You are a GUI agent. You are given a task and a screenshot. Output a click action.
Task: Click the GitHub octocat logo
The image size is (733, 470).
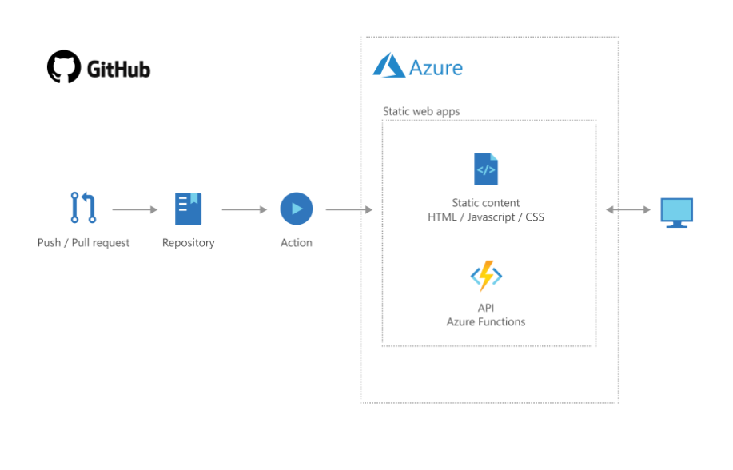pyautogui.click(x=64, y=67)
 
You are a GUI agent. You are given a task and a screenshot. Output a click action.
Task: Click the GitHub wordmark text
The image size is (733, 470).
pyautogui.click(x=118, y=70)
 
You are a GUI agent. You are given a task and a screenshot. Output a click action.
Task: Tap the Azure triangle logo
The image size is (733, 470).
pyautogui.click(x=389, y=66)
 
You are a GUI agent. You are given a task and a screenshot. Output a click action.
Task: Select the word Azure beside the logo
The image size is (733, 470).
pyautogui.click(x=436, y=67)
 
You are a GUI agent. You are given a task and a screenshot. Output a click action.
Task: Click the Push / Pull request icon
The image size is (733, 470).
pyautogui.click(x=83, y=209)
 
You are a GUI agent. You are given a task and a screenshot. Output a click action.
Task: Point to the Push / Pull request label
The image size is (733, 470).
pyautogui.click(x=83, y=243)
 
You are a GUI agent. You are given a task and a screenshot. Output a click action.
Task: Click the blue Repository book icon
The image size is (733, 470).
pyautogui.click(x=189, y=209)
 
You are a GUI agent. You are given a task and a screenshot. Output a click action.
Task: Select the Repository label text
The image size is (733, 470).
pyautogui.click(x=189, y=243)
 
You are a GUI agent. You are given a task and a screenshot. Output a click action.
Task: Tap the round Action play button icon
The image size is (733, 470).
pyautogui.click(x=297, y=209)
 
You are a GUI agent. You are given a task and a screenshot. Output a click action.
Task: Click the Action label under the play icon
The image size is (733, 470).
pyautogui.click(x=297, y=243)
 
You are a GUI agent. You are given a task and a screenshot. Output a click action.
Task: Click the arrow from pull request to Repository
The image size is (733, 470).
pyautogui.click(x=135, y=210)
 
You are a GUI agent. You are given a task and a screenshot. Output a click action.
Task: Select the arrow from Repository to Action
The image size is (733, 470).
pyautogui.click(x=244, y=210)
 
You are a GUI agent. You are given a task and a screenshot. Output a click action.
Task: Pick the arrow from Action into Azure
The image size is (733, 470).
pyautogui.click(x=349, y=210)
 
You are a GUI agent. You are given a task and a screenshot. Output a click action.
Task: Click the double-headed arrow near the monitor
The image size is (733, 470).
pyautogui.click(x=627, y=210)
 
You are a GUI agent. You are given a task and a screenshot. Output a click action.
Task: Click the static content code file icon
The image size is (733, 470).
pyautogui.click(x=486, y=169)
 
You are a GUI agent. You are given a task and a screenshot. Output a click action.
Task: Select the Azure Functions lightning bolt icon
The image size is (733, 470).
pyautogui.click(x=486, y=277)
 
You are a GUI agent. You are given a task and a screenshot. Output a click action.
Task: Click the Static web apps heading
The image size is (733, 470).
pyautogui.click(x=421, y=111)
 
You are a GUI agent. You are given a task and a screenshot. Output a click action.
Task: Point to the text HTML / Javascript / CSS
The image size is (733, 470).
pyautogui.click(x=486, y=217)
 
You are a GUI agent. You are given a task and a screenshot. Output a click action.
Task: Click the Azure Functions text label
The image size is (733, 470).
pyautogui.click(x=486, y=321)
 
